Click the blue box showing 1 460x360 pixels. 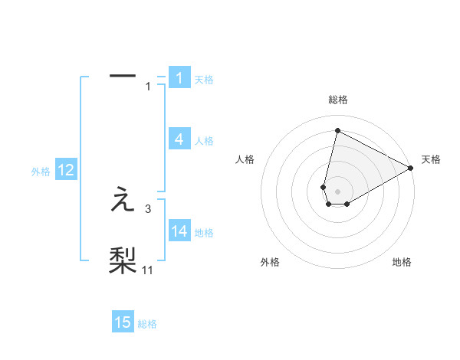click(179, 78)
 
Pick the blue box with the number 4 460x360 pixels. click(179, 139)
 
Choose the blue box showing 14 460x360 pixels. click(179, 231)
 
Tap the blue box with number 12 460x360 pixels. click(66, 170)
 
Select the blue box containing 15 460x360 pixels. click(123, 322)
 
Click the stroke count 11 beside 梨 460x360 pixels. click(148, 269)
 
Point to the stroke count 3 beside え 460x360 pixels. click(148, 208)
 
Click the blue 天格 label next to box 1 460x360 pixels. click(204, 80)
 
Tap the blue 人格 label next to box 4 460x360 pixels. click(204, 141)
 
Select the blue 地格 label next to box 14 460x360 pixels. click(204, 233)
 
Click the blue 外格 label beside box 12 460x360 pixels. click(41, 172)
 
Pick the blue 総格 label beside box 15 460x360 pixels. click(147, 324)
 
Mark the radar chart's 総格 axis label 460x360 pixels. click(337, 100)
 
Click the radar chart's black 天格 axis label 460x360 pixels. click(431, 160)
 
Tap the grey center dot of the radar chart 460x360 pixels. click(337, 191)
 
